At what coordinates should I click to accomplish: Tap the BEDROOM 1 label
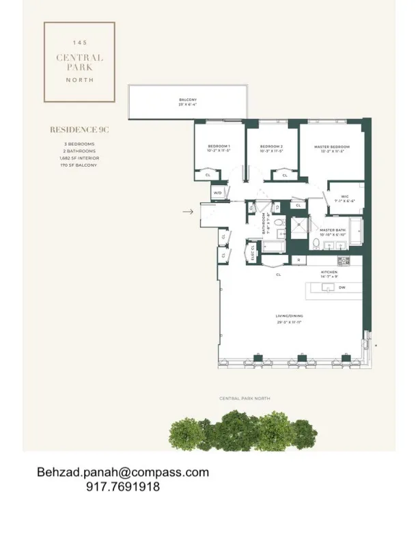point(219,148)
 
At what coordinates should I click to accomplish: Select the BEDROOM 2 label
point(271,148)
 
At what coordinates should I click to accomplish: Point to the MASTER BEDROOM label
point(332,148)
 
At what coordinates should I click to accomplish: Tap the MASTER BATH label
point(329,232)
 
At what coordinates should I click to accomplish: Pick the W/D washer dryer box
point(218,193)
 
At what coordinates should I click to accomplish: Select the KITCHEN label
point(330,271)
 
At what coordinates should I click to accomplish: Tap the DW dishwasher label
point(342,288)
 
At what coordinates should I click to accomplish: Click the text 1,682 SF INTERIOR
point(79,158)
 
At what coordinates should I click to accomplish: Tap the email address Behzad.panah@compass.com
point(123,472)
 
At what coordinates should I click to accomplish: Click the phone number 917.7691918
point(123,487)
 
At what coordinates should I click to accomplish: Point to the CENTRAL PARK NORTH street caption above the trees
point(244,398)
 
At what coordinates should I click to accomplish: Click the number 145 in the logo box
point(79,42)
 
